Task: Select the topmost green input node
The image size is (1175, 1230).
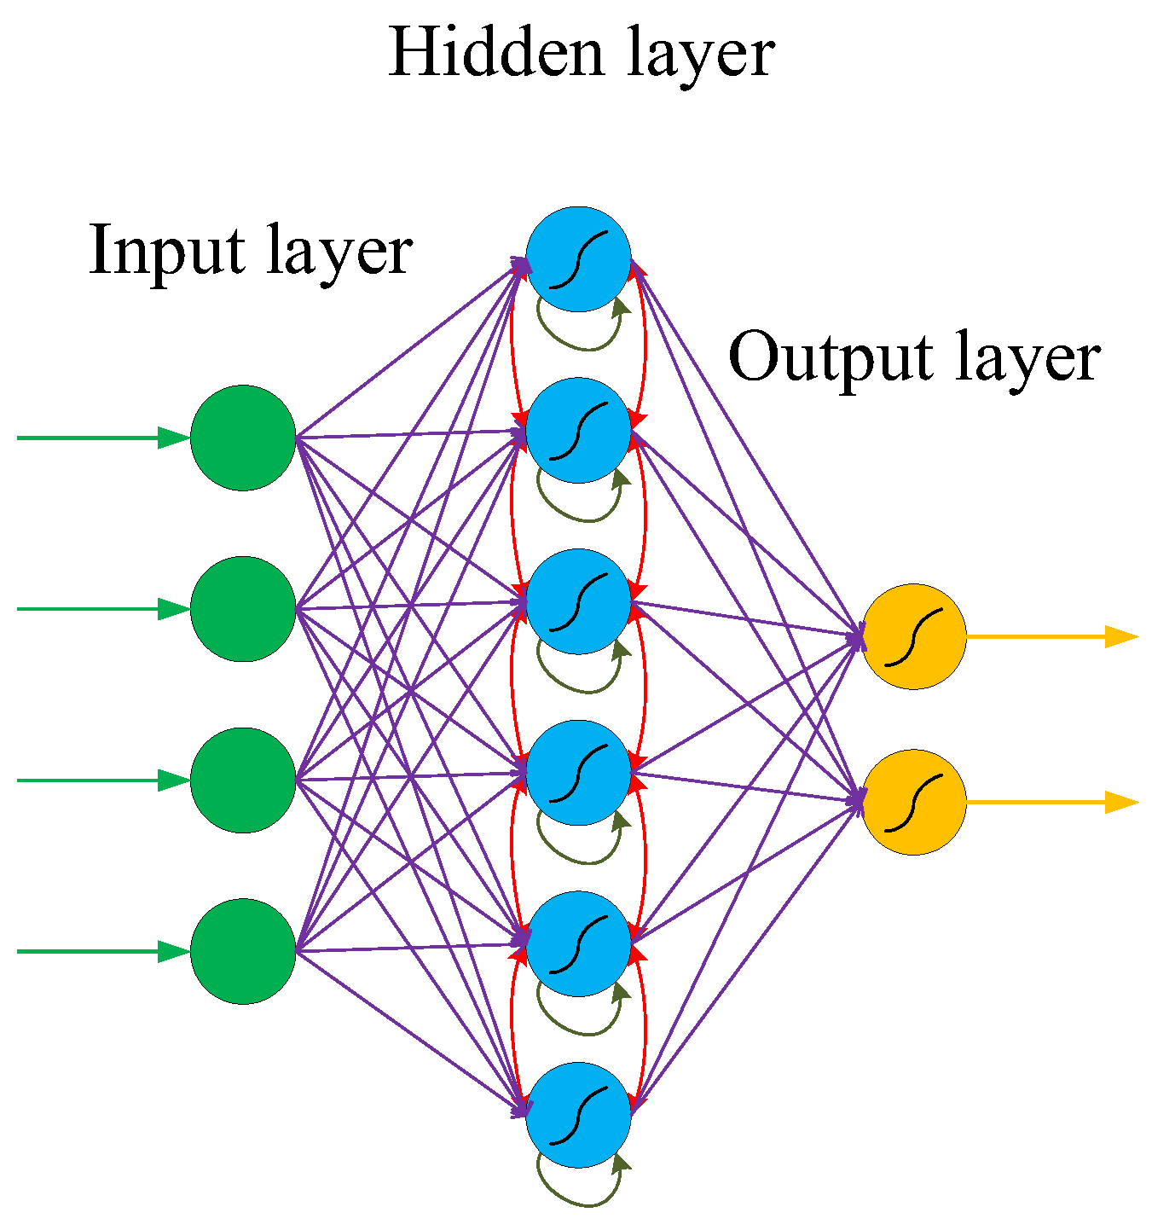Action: coord(243,438)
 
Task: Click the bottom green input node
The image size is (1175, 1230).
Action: coord(243,951)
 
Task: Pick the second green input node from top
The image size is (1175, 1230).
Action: coord(243,609)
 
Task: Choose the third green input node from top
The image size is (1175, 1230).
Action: coord(243,780)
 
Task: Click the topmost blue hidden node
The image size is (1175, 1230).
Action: coord(578,258)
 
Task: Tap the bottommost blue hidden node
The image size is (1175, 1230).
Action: coord(578,1115)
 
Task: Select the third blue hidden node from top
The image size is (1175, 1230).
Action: coord(578,601)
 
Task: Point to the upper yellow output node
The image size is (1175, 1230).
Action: coord(913,636)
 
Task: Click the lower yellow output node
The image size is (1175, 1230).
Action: coord(913,802)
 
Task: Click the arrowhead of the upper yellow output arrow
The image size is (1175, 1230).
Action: coord(1121,636)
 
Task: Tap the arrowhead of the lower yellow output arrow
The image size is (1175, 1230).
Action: coord(1121,802)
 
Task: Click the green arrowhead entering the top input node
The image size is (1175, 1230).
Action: coord(174,438)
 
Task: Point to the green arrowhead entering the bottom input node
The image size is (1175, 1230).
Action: coord(174,951)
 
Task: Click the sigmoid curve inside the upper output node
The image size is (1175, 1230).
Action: coord(913,636)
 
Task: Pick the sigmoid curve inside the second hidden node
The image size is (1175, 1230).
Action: coord(578,430)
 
